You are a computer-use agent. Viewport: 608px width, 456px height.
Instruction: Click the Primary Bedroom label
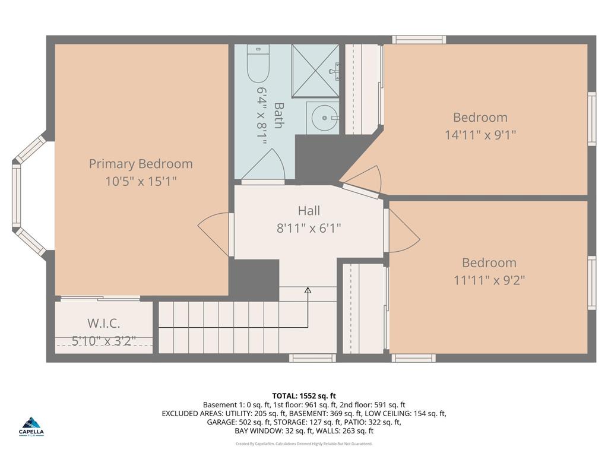click(x=141, y=164)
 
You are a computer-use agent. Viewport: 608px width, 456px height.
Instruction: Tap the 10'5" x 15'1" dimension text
click(x=141, y=181)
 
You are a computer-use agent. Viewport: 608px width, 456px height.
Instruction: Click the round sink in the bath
click(x=322, y=118)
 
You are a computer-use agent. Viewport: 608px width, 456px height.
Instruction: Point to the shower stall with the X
click(x=315, y=70)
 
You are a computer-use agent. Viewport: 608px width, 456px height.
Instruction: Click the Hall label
click(x=309, y=211)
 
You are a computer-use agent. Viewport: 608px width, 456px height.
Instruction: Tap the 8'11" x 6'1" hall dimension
click(x=309, y=228)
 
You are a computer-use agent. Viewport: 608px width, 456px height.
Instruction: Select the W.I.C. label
click(x=103, y=323)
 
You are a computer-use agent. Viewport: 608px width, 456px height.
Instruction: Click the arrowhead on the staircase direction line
click(x=308, y=290)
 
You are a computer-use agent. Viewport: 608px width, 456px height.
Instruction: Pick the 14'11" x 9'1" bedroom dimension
click(x=480, y=135)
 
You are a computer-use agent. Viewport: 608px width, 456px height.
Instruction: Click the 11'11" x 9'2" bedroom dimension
click(x=489, y=280)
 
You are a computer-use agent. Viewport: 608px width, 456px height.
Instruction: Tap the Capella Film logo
click(x=31, y=427)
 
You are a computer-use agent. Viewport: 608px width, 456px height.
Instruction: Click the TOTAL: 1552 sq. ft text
click(x=304, y=396)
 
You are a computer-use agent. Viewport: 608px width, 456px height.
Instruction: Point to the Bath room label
click(x=278, y=115)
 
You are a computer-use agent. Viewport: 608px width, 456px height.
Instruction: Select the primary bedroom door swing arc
click(x=213, y=235)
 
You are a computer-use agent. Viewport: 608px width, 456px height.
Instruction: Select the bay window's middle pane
click(x=16, y=195)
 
